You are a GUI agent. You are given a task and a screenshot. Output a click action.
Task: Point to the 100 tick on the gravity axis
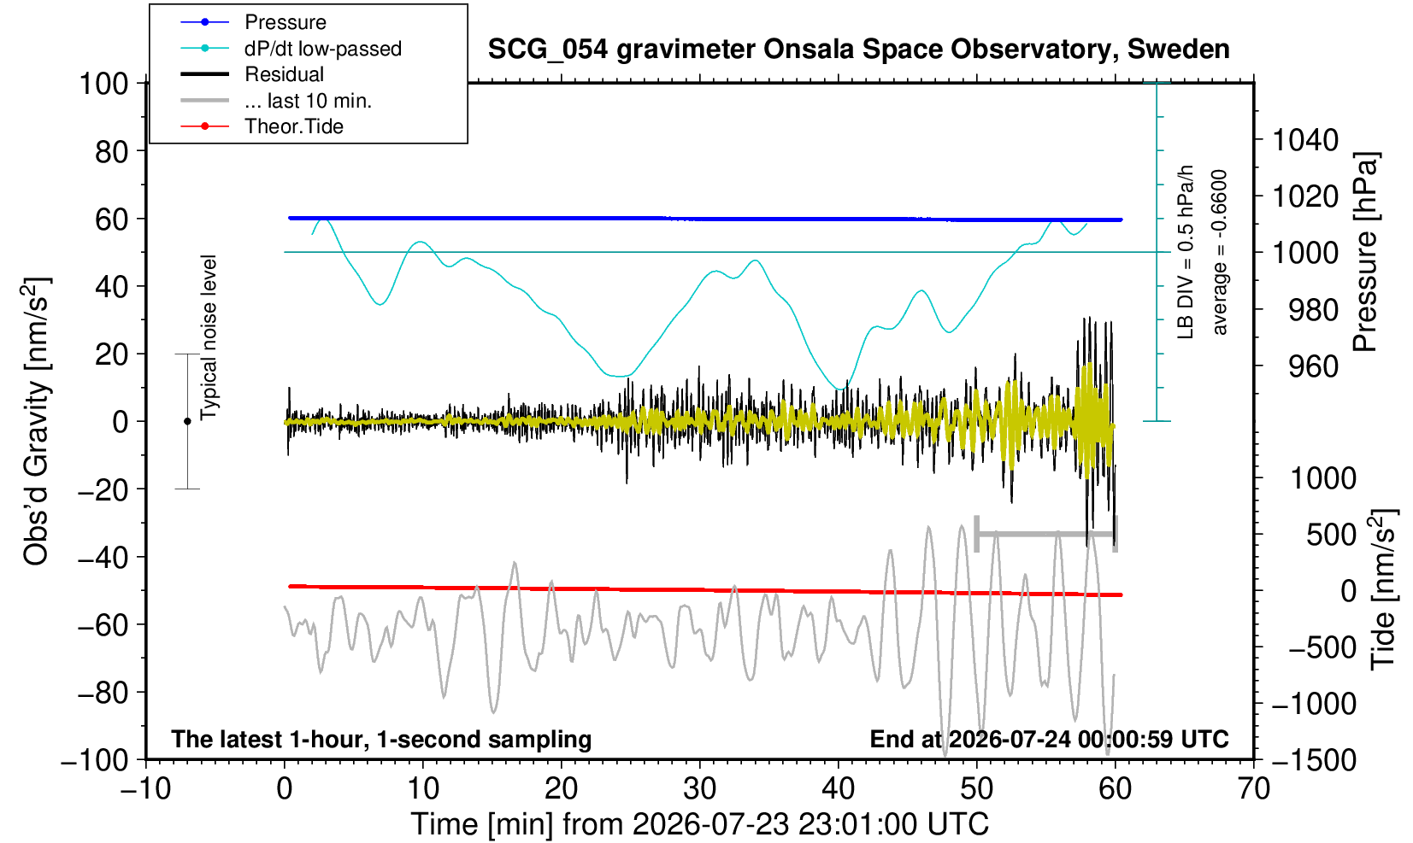(x=103, y=84)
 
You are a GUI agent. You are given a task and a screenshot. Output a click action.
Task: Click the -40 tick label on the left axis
(x=103, y=558)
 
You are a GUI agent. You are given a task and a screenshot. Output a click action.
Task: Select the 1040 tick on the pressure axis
(x=1305, y=140)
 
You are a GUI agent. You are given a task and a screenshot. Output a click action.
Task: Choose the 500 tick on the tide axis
(x=1331, y=536)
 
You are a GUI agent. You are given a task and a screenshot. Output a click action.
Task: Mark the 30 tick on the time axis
(x=699, y=789)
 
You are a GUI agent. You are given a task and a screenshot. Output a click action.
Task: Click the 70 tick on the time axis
(x=1253, y=789)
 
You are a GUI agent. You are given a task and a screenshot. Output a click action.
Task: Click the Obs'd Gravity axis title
(x=36, y=421)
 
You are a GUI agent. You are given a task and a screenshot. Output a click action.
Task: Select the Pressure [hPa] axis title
(x=1365, y=252)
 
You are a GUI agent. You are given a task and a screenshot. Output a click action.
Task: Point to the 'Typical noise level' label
(x=209, y=337)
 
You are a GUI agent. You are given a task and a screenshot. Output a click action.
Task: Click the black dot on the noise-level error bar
(x=187, y=421)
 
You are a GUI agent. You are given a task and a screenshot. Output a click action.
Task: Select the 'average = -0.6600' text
(x=1220, y=252)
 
